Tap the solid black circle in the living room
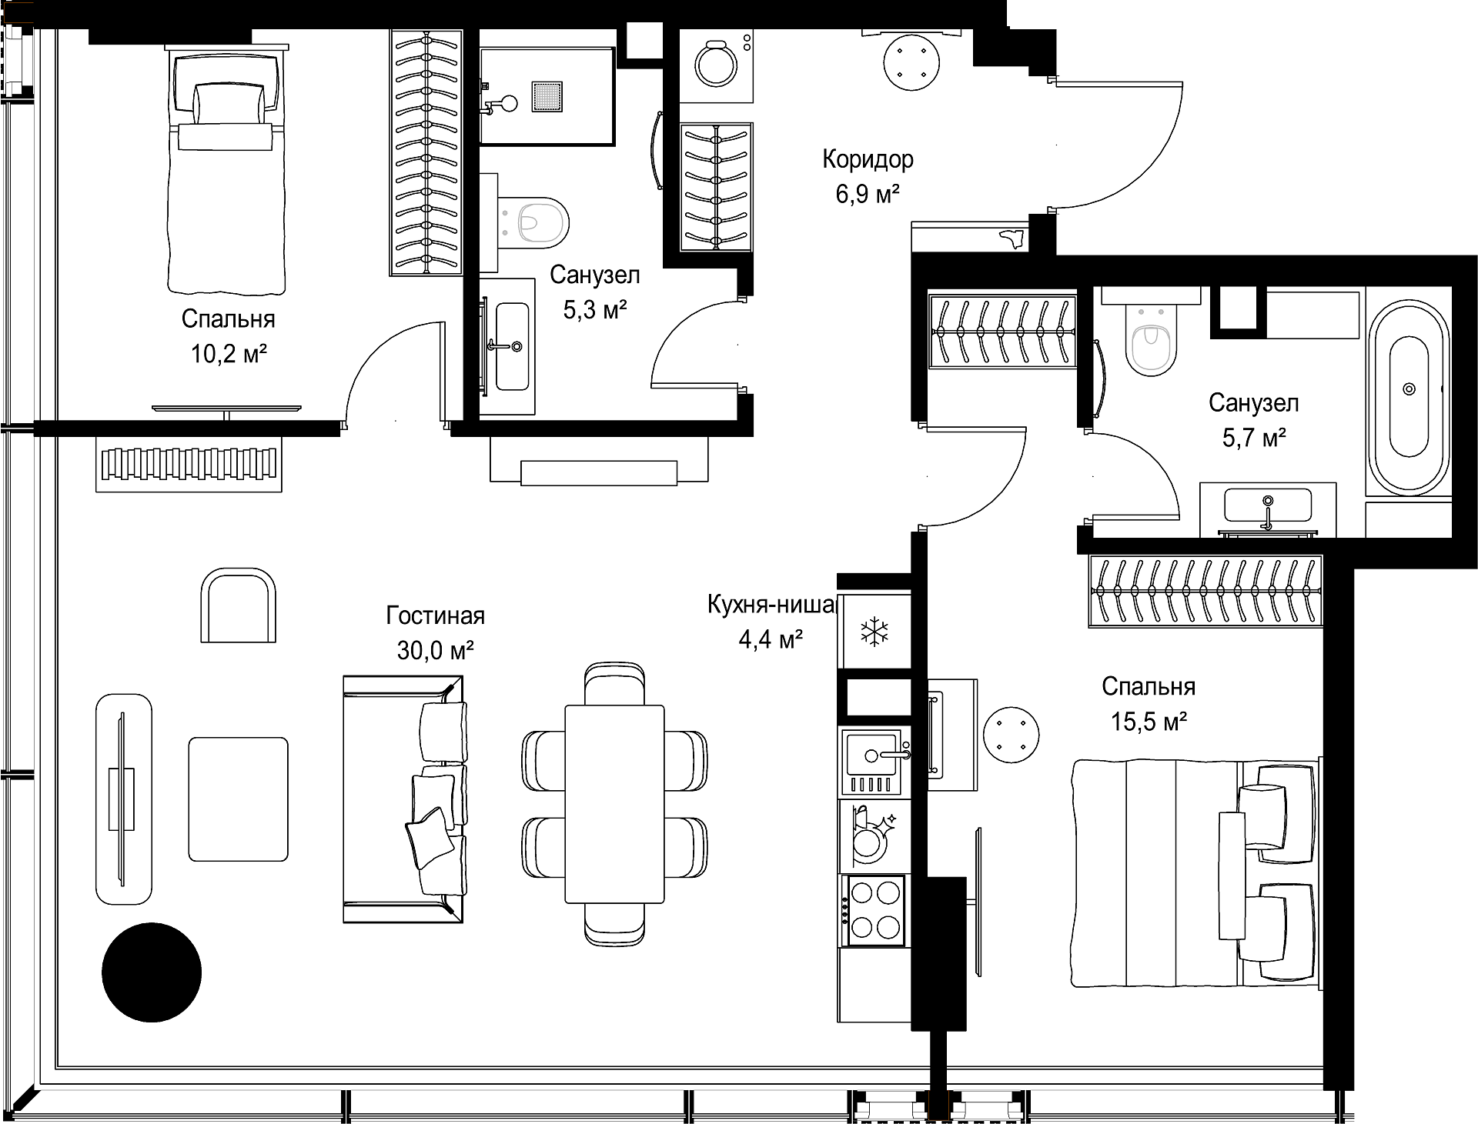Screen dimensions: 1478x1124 pos(152,972)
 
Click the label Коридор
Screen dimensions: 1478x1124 pos(868,159)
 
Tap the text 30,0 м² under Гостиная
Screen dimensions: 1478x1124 pos(435,651)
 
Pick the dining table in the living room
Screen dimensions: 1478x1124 pos(614,804)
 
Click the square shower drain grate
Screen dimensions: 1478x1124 pos(548,97)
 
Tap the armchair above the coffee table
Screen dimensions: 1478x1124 pos(239,605)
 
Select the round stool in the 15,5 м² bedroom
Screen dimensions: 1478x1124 pos(1012,735)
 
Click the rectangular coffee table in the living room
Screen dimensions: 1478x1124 pos(239,799)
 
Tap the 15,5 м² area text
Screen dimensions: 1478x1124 pos(1149,722)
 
